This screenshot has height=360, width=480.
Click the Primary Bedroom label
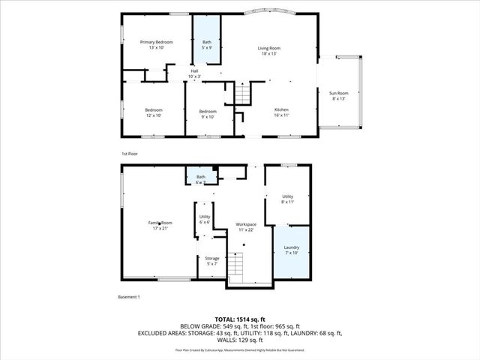[x=157, y=45]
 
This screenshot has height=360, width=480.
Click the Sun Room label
[x=339, y=96]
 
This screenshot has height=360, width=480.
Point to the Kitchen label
[x=281, y=113]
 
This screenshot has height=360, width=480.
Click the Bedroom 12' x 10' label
[x=154, y=113]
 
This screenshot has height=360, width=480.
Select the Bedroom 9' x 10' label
[x=208, y=114]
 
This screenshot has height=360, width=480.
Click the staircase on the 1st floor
[x=242, y=94]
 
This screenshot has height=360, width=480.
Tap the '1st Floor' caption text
[x=130, y=154]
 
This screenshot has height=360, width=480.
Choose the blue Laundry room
[x=291, y=250]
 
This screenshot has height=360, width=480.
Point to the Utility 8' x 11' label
[x=287, y=199]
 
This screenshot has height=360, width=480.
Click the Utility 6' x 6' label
[x=205, y=219]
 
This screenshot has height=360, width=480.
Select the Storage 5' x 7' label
[x=212, y=261]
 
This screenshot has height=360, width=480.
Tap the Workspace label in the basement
[x=246, y=226]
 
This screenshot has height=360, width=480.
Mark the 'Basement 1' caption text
[x=129, y=297]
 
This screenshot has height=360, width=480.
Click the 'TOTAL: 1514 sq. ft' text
[x=239, y=319]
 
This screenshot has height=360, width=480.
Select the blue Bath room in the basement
[x=201, y=178]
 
